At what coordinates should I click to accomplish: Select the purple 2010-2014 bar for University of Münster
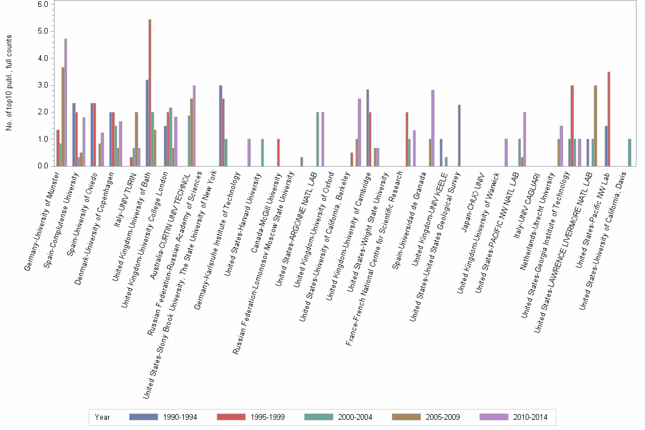(x=66, y=102)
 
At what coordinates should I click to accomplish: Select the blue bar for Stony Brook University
(x=221, y=126)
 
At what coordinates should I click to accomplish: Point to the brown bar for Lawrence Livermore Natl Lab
(x=596, y=126)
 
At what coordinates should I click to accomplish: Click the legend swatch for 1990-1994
(x=144, y=417)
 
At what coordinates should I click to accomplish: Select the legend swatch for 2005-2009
(x=407, y=417)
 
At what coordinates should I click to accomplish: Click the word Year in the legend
(x=102, y=417)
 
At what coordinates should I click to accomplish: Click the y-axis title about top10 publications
(x=9, y=82)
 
